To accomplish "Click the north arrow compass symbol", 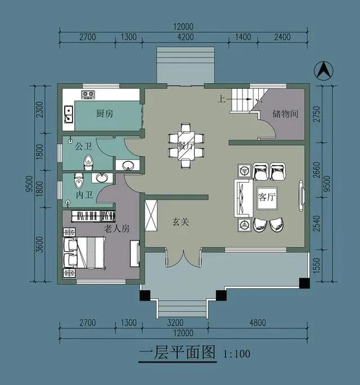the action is tap(324, 71).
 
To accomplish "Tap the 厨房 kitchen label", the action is tap(105, 114).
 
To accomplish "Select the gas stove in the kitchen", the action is tap(88, 94).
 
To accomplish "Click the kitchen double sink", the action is tap(69, 114).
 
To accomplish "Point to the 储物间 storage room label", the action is tap(285, 114).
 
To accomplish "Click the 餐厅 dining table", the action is tap(186, 146).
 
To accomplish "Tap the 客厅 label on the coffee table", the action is tap(267, 197).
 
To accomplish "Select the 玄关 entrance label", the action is tap(181, 222).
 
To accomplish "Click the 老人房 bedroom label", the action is tap(116, 229).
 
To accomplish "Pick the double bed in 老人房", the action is tap(84, 253).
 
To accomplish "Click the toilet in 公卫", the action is tap(88, 163).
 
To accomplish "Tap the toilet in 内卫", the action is tap(79, 181).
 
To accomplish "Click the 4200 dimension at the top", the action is tap(186, 37).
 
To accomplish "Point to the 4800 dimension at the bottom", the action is tap(258, 323).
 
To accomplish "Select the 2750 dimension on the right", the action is tap(317, 114).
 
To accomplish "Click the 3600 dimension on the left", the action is tap(39, 244).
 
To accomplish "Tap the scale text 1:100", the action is tap(237, 354).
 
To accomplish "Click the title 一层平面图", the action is tap(177, 352).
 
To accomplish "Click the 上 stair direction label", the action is tap(222, 99).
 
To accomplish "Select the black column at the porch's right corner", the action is tap(304, 283).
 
